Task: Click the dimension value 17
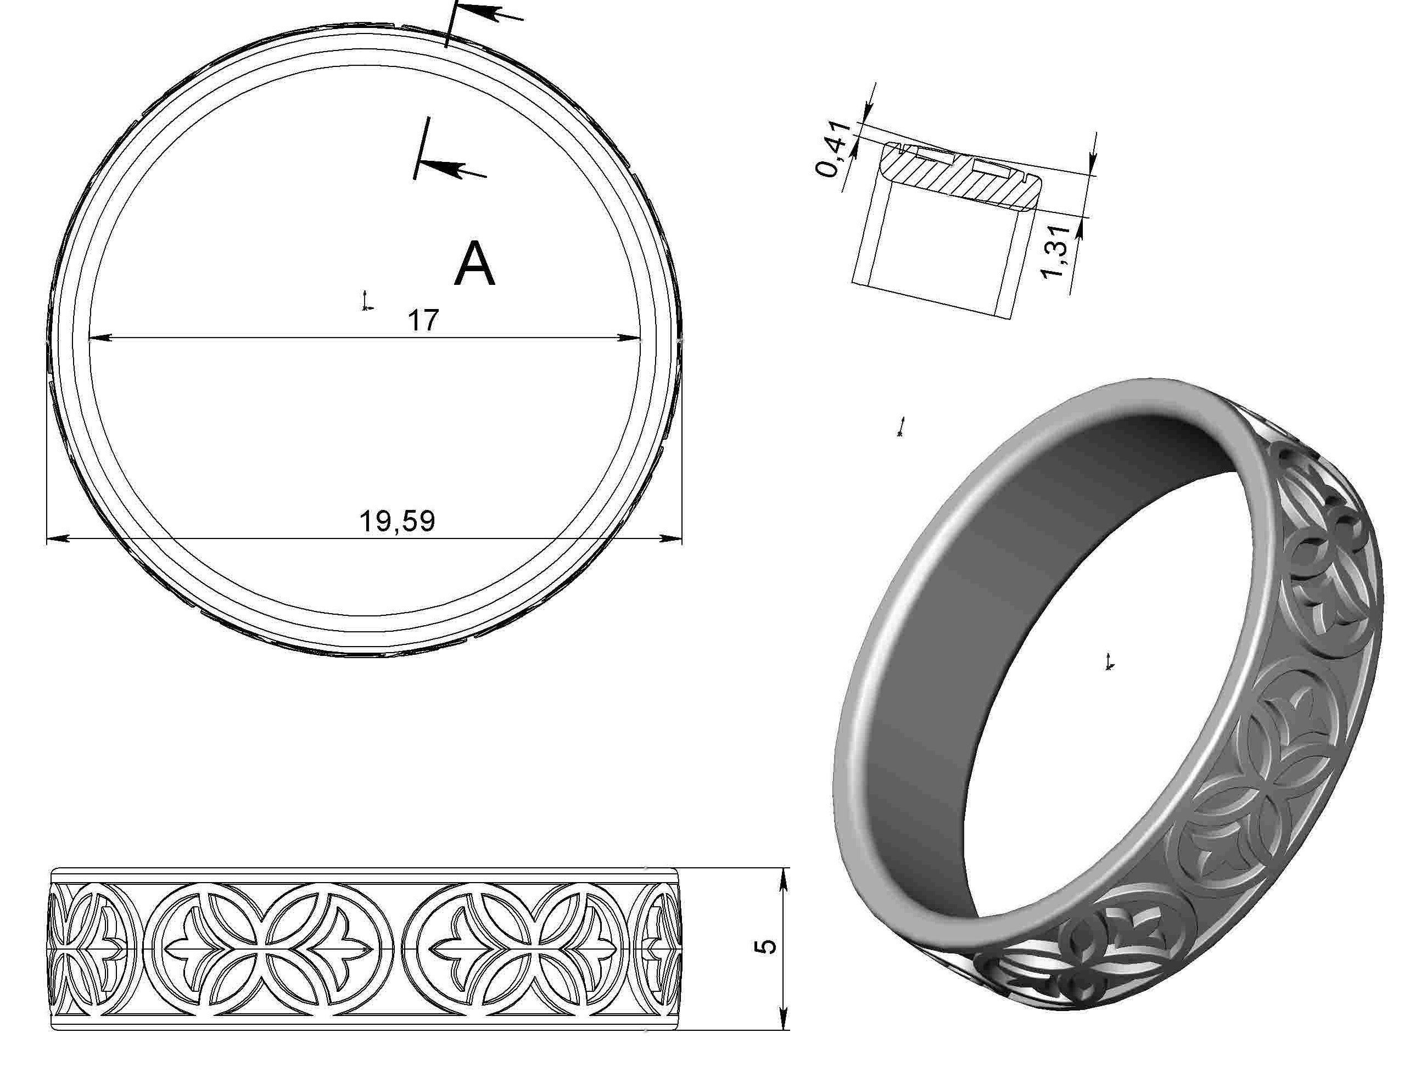point(423,321)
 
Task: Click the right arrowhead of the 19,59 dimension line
point(672,538)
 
